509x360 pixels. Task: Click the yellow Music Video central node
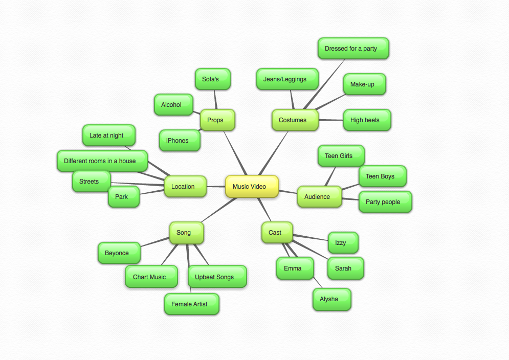click(252, 187)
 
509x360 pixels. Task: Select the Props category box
click(217, 120)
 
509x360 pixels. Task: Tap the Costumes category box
click(294, 120)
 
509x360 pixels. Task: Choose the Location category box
click(185, 187)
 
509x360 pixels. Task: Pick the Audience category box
click(319, 197)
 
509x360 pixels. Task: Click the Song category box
click(186, 233)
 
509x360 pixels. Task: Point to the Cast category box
click(277, 233)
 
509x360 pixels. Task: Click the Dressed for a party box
click(352, 49)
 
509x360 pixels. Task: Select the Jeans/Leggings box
click(286, 79)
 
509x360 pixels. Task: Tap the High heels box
click(366, 120)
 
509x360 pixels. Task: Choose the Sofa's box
click(212, 79)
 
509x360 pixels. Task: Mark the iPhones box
click(179, 141)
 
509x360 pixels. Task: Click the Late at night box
click(108, 136)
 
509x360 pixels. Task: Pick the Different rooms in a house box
click(102, 161)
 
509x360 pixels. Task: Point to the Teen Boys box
click(382, 176)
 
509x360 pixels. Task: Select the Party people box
click(385, 202)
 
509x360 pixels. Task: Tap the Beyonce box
click(119, 253)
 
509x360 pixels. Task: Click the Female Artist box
click(191, 304)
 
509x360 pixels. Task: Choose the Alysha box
click(331, 299)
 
